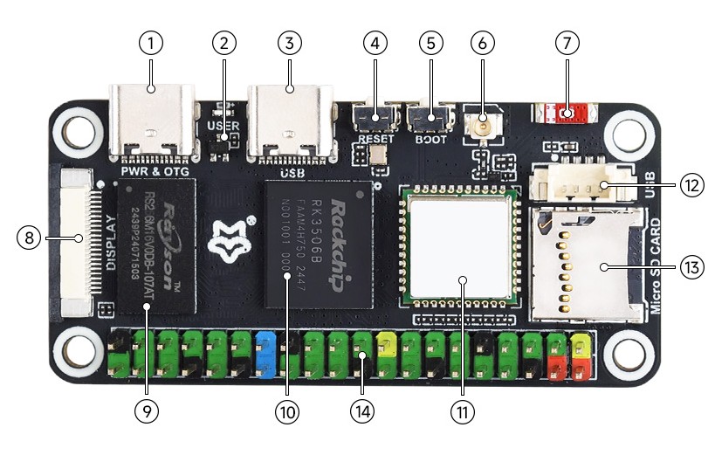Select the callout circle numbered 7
click(x=567, y=41)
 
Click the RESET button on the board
click(x=376, y=116)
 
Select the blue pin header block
click(x=267, y=354)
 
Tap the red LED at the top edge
click(x=568, y=113)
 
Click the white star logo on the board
click(x=230, y=245)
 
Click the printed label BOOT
click(x=430, y=139)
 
